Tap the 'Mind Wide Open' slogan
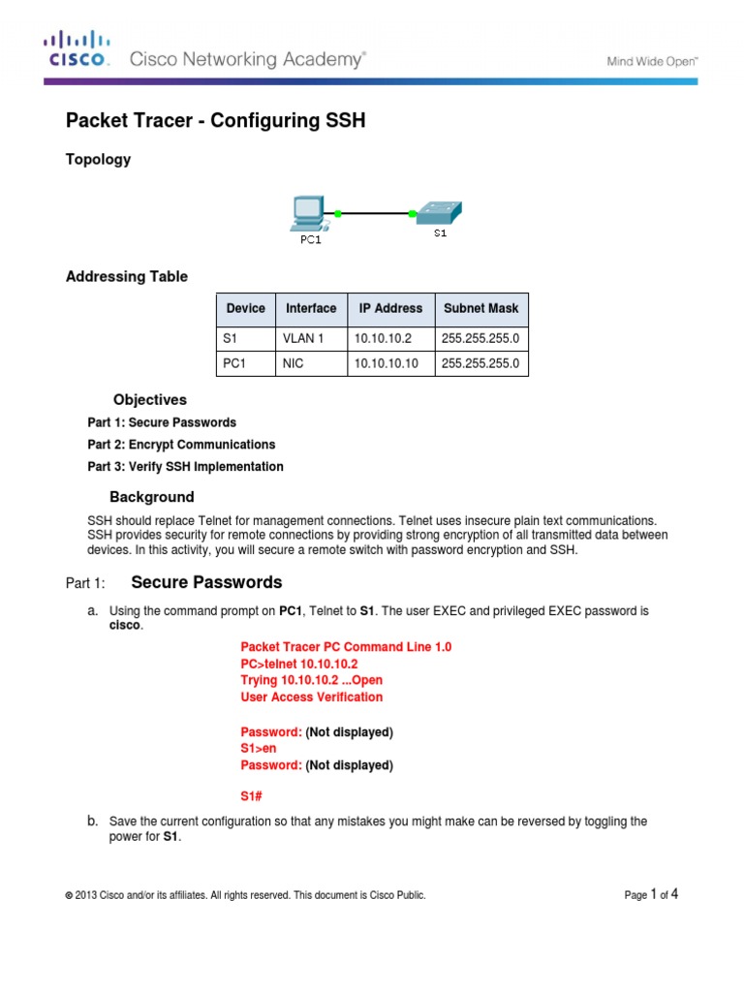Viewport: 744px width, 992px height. [652, 60]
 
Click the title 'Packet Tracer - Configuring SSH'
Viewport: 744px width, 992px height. [215, 120]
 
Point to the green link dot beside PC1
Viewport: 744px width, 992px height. [338, 212]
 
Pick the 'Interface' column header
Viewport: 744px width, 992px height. [311, 308]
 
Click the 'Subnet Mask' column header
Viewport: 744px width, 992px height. [480, 308]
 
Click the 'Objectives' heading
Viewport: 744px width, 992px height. [149, 399]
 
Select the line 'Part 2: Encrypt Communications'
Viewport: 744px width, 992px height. [181, 445]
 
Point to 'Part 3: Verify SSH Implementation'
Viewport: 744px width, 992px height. [185, 467]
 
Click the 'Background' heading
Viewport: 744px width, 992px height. [151, 497]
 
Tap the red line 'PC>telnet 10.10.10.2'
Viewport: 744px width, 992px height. [298, 664]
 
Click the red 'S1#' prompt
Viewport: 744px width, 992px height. [252, 797]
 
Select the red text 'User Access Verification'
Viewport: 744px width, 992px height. [311, 697]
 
